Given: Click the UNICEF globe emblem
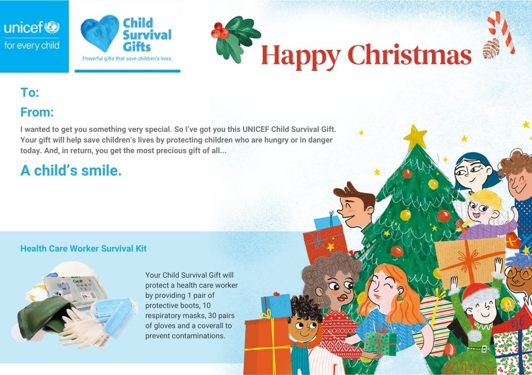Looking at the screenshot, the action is pyautogui.click(x=52, y=27).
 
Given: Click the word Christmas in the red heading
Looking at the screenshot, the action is pyautogui.click(x=410, y=55).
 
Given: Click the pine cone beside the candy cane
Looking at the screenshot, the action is pyautogui.click(x=491, y=48).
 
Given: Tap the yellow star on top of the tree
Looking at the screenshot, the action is pyautogui.click(x=415, y=137).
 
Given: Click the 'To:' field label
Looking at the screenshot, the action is pyautogui.click(x=30, y=93).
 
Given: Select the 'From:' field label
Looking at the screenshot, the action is pyautogui.click(x=37, y=112).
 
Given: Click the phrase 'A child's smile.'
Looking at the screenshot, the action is pyautogui.click(x=71, y=170).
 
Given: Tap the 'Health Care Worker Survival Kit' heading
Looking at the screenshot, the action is pyautogui.click(x=84, y=248).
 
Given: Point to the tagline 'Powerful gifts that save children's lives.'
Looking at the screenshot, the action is pyautogui.click(x=127, y=59).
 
